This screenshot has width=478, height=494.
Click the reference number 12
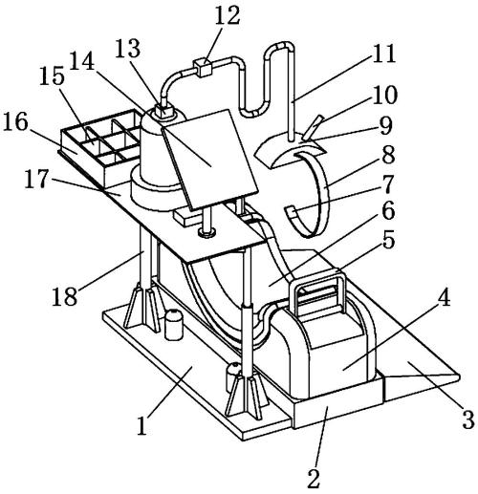point(228,16)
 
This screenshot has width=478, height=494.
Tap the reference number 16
point(15,122)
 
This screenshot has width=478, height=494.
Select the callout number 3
point(467,419)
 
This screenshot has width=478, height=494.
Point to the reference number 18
point(64,296)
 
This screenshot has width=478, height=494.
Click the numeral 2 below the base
point(314,478)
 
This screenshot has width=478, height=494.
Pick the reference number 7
point(388,184)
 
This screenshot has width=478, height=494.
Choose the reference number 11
point(383,53)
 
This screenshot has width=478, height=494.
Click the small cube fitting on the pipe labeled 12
point(202,67)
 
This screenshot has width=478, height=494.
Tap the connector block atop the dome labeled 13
point(163,111)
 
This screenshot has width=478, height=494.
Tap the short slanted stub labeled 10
point(313,128)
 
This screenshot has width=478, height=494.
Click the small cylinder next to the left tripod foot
point(174,324)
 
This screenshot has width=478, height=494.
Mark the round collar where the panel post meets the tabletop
point(206,232)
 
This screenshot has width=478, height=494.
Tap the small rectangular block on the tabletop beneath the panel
point(188,217)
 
